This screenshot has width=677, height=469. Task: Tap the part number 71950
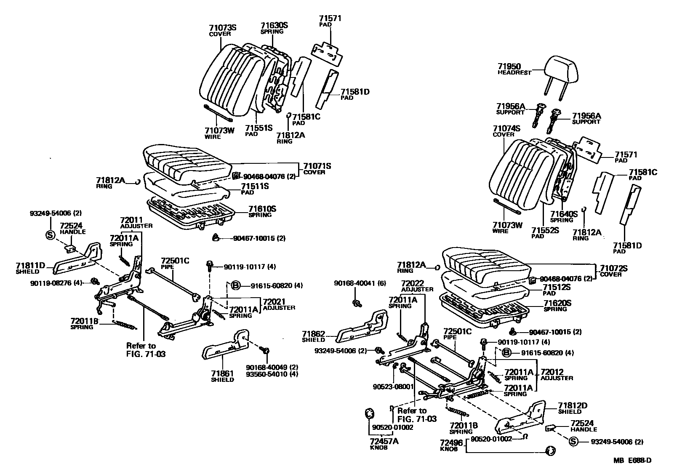(509, 67)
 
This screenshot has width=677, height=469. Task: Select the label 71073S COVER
(223, 30)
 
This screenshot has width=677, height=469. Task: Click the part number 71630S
(274, 26)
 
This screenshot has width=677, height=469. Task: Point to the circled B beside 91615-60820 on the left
(235, 286)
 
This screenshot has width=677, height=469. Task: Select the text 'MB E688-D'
(635, 461)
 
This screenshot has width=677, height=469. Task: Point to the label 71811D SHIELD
(30, 268)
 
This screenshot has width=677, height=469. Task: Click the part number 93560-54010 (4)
(272, 374)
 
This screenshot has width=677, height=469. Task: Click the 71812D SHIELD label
(573, 408)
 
